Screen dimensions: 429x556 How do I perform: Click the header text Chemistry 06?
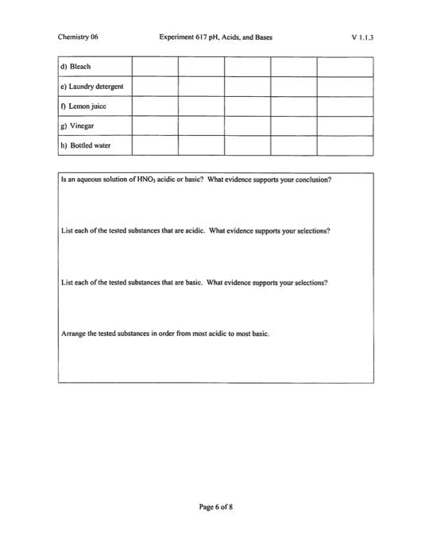(x=78, y=37)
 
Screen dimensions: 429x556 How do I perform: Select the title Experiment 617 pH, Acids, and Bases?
(x=214, y=37)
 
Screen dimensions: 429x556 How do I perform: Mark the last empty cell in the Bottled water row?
(x=345, y=145)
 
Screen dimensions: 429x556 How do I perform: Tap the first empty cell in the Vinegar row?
(x=155, y=125)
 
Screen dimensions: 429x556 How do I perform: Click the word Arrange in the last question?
(x=75, y=334)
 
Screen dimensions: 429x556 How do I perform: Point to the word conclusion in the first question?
(x=311, y=180)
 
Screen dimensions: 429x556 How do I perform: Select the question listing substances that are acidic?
(x=195, y=231)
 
